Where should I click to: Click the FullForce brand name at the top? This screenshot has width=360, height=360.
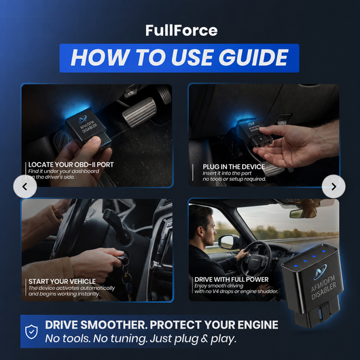coord(181,31)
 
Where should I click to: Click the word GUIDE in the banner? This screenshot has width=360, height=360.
coord(253,58)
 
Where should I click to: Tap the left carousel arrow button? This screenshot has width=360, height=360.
coord(25,186)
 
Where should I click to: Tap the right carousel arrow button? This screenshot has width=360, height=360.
coord(334,186)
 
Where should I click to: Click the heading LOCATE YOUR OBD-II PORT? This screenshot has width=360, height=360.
coord(71,164)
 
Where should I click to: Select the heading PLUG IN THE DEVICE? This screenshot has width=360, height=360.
coord(234,166)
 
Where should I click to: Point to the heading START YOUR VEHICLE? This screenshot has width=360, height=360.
coord(62,281)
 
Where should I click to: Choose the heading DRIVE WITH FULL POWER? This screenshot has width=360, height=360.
coord(232,279)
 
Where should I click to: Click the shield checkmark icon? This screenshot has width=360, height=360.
coord(31,331)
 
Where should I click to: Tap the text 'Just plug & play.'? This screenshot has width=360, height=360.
coord(193,339)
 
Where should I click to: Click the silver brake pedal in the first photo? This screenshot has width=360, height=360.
coord(139,112)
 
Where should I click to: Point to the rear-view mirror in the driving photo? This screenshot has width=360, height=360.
coord(297,214)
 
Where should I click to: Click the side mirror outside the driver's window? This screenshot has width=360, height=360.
coord(228,242)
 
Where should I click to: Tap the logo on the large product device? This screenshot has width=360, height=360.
coord(320,272)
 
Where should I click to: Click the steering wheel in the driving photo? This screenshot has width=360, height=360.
coord(258,258)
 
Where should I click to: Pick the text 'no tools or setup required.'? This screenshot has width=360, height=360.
coord(234,179)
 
